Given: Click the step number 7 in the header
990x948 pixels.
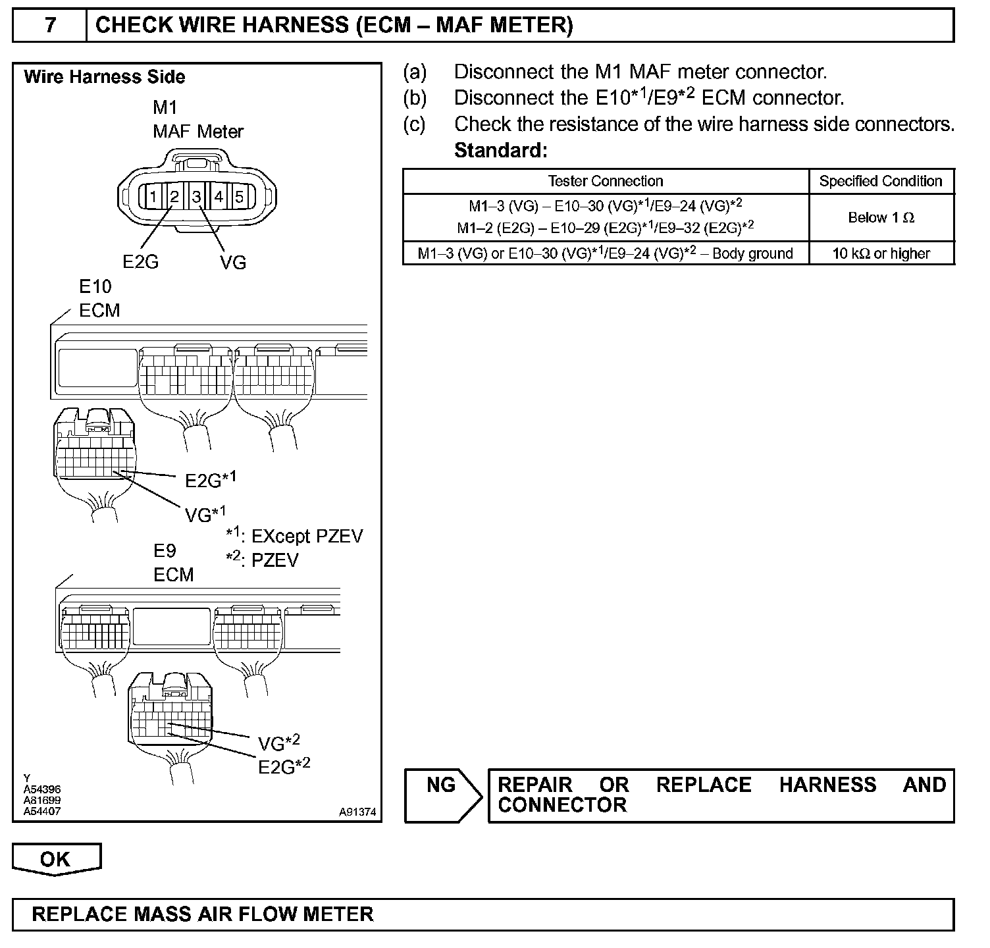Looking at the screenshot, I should [50, 26].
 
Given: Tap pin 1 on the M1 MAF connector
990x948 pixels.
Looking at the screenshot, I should [153, 196].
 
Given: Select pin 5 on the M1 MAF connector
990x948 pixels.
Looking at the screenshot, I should [240, 196].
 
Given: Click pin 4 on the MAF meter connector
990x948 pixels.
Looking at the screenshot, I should [219, 196].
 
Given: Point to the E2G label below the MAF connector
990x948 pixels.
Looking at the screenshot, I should [141, 262].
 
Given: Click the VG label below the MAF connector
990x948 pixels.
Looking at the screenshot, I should [233, 263].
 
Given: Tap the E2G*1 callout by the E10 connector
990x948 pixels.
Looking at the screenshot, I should [210, 479].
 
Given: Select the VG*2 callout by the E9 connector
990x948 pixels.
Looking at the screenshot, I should [278, 743].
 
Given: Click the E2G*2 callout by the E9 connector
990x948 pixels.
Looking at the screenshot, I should [284, 766].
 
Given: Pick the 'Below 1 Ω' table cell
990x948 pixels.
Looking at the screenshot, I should [881, 218].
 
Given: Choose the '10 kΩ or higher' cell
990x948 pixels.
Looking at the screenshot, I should [881, 253].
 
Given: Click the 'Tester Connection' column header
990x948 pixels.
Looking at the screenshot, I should [606, 181].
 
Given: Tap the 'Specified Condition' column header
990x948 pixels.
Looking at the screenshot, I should [881, 181].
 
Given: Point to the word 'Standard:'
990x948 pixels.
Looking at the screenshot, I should [501, 151].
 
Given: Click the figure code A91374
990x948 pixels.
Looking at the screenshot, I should [357, 812].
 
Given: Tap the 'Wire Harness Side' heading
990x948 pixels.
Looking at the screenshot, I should [105, 77].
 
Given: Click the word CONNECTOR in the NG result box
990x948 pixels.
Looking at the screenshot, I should [562, 805].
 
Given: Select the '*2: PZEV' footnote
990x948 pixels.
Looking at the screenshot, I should [263, 560].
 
